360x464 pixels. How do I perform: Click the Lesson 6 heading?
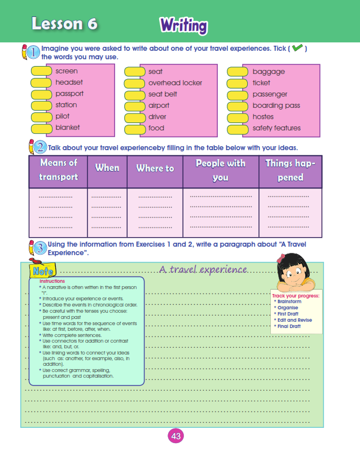64,24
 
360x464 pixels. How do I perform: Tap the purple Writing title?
183,25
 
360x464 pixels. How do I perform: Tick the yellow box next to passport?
41,94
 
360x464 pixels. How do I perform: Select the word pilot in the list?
63,116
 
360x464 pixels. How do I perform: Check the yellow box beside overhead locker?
135,83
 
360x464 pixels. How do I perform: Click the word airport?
159,106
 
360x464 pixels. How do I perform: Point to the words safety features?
276,128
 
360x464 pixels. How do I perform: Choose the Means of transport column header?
58,170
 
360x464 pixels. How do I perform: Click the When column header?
107,168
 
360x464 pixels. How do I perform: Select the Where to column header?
155,168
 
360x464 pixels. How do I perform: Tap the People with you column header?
220,170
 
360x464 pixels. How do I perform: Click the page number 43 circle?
175,436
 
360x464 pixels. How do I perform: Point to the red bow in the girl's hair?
281,259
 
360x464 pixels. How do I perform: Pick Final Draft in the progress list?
288,326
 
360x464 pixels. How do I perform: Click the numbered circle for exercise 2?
40,148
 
